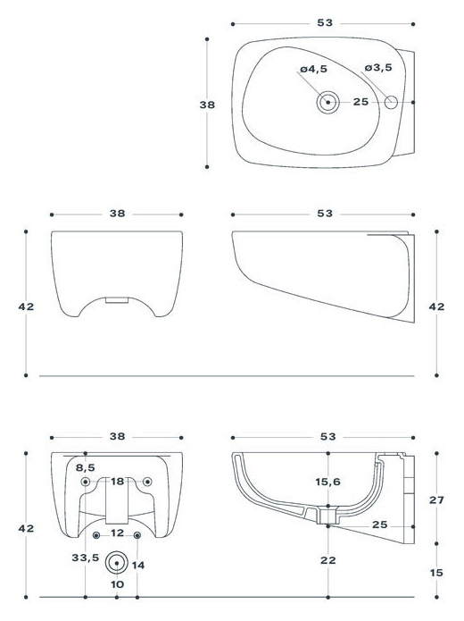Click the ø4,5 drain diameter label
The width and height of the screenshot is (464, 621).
click(x=314, y=69)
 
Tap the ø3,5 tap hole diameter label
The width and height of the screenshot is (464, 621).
click(x=378, y=68)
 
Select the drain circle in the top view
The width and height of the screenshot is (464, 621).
click(x=328, y=102)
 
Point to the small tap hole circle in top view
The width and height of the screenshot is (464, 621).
click(x=391, y=102)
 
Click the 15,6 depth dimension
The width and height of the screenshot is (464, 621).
click(x=328, y=482)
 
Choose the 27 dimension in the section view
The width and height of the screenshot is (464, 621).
click(x=436, y=500)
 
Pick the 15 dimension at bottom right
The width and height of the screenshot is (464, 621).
click(x=436, y=573)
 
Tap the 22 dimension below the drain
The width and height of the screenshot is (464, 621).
click(x=328, y=560)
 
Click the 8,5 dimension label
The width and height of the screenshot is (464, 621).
click(x=86, y=467)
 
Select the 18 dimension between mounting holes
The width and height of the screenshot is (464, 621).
click(x=118, y=482)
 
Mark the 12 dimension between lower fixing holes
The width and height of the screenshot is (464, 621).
click(x=118, y=533)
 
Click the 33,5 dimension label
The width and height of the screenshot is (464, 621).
click(x=86, y=558)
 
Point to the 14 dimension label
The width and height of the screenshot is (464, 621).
click(x=138, y=566)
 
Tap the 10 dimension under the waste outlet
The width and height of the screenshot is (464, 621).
click(x=117, y=584)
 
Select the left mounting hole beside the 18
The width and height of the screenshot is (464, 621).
click(x=86, y=482)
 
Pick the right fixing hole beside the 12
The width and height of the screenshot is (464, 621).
click(x=137, y=535)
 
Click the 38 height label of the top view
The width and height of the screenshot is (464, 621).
click(x=207, y=105)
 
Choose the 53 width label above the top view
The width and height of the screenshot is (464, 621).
click(x=325, y=23)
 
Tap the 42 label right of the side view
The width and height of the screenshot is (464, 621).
click(x=436, y=306)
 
